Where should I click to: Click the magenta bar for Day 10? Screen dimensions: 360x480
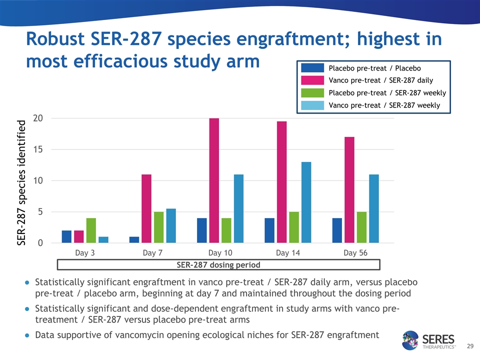214,180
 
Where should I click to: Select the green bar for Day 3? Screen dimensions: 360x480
91,230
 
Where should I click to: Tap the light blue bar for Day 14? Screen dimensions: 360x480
306,202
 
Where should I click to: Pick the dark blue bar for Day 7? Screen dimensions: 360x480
134,239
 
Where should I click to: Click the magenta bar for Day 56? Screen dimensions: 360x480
349,190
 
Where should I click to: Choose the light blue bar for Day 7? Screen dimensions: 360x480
171,226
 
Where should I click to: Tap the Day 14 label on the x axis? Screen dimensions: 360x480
288,253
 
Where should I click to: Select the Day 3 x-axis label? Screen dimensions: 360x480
85,253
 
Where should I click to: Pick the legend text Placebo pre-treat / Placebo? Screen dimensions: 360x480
374,68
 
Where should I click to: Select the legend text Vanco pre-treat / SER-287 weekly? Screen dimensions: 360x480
384,105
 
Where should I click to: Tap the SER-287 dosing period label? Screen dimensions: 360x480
219,264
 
